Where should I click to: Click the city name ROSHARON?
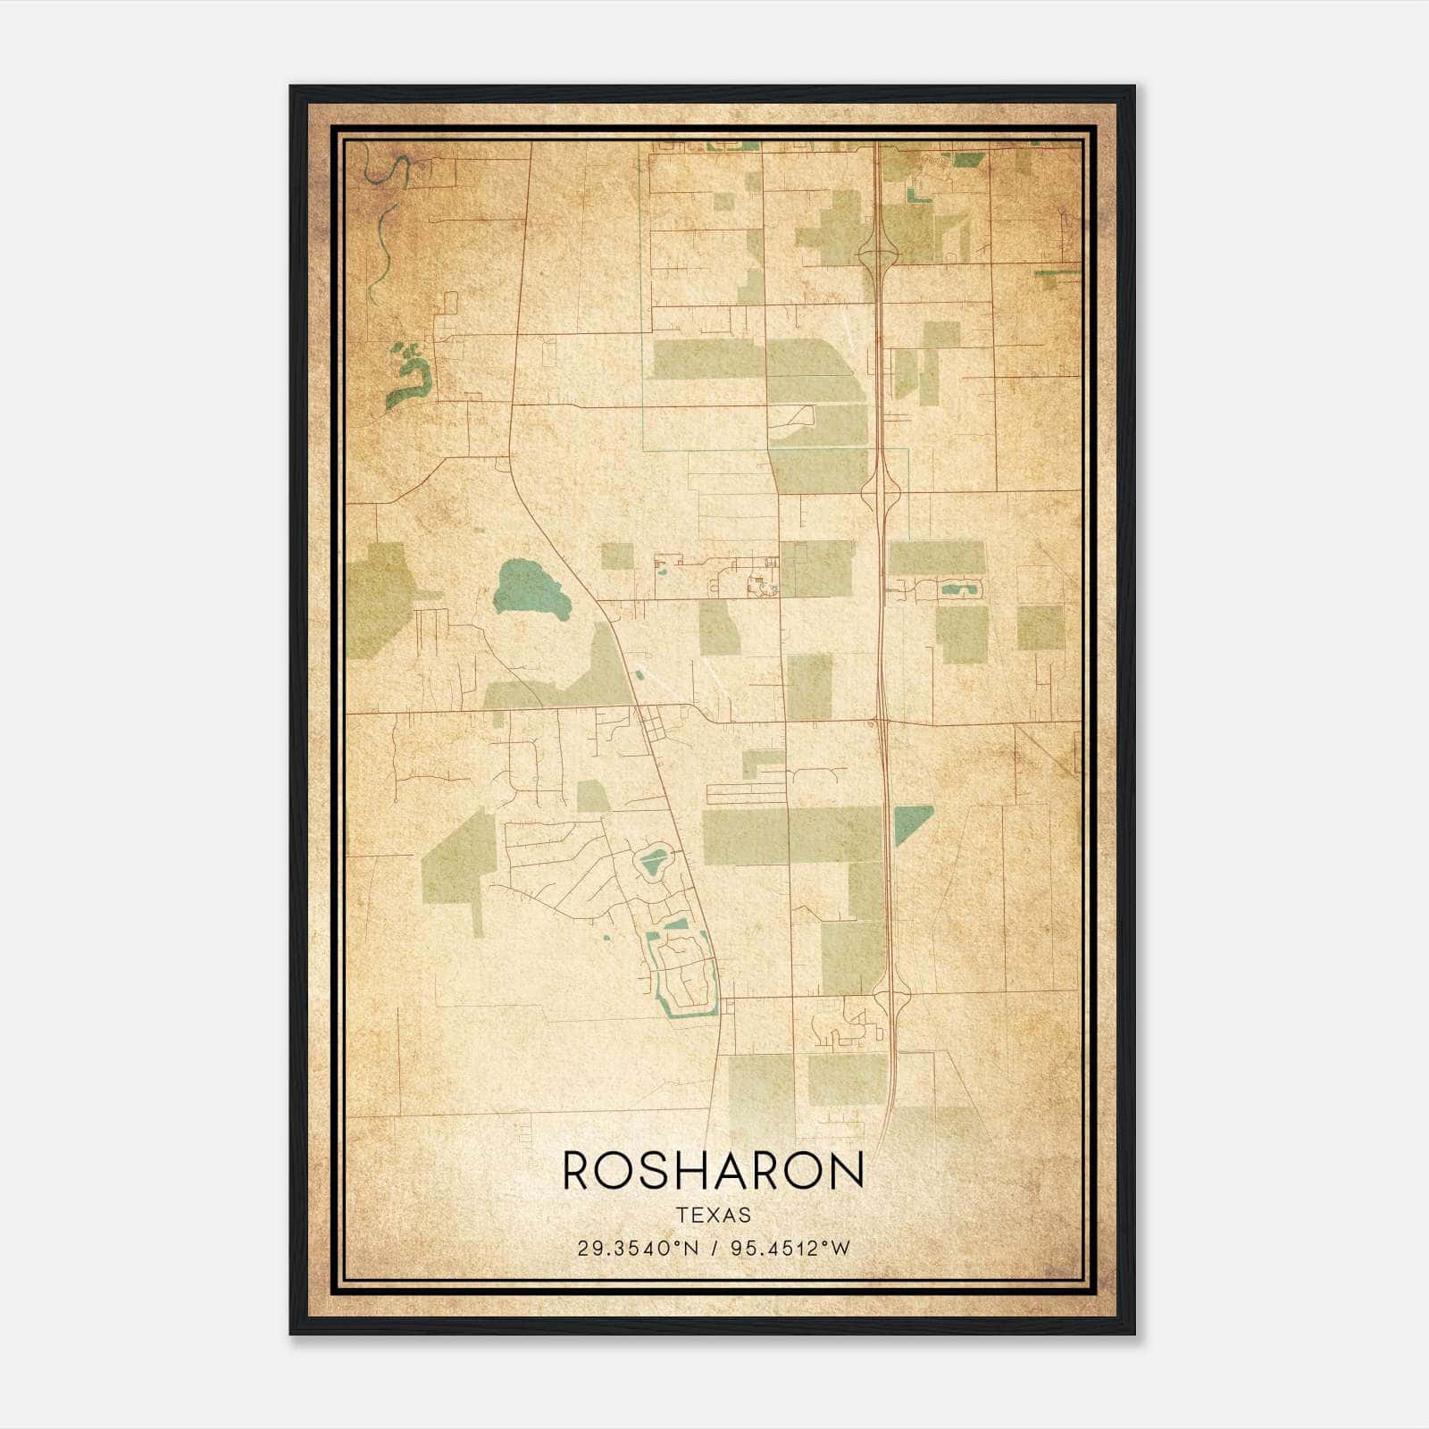coord(714,1170)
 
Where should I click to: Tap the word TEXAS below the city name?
coord(714,1216)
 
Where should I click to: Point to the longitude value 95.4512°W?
coord(790,1249)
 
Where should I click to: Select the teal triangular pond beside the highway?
coord(910,821)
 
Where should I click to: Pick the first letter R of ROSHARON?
coord(579,1170)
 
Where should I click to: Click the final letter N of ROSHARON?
coord(846,1170)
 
